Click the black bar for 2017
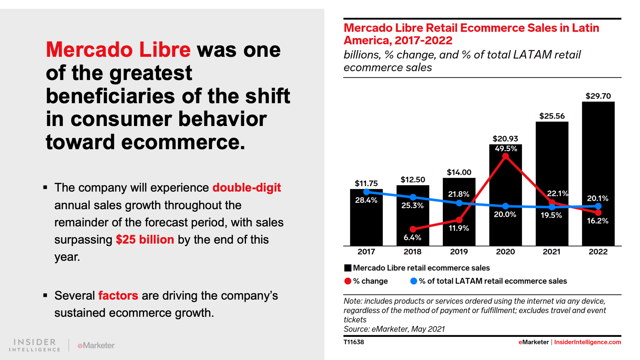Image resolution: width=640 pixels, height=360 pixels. pos(366,224)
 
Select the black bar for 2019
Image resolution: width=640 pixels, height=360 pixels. pos(459,236)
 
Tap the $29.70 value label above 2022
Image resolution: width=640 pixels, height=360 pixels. pos(598,96)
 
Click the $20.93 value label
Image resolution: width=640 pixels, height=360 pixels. pos(505,139)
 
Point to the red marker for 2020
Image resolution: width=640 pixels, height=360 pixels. pos(506,156)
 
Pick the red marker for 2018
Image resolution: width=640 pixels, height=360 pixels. pos(413,229)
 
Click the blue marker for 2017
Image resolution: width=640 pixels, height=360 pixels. pos(366,192)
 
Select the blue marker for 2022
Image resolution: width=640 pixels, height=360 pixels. pos(598,206)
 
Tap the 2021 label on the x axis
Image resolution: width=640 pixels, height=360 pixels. pos(552,252)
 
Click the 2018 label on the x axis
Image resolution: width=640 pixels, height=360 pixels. pos(412,252)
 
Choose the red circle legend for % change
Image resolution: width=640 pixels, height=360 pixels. pos(348,281)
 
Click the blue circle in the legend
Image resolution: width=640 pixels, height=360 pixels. pos(414,281)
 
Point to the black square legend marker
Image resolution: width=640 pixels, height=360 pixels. pos(348,268)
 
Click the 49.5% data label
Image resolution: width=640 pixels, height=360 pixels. pos(506,148)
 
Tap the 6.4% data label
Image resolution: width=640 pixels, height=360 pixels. pos(412,238)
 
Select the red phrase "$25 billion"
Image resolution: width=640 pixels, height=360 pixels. pos(145,240)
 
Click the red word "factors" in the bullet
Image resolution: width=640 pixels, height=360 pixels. pos(118,296)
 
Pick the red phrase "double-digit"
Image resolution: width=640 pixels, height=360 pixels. pos(246,188)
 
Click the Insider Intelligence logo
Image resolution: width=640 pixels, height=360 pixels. pos(35,345)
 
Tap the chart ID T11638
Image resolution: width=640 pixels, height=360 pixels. pos(354,342)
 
